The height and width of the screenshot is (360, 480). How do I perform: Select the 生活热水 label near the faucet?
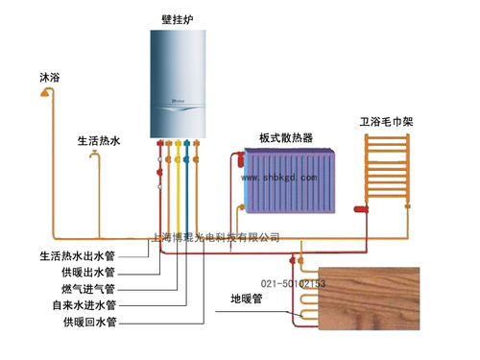click(x=99, y=140)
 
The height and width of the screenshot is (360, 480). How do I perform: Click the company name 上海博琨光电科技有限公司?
click(x=217, y=236)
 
